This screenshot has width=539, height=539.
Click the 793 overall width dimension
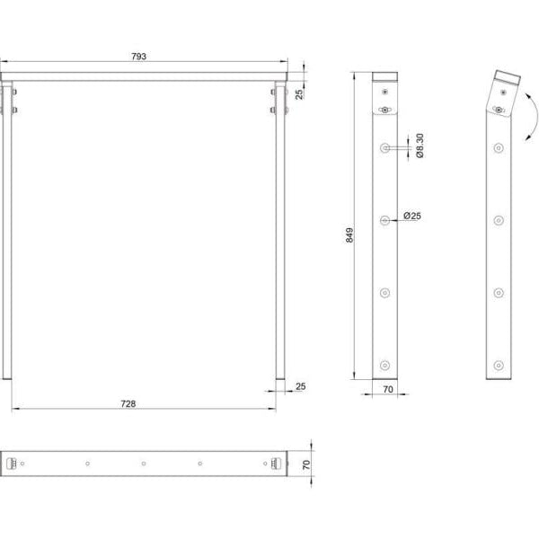click(139, 57)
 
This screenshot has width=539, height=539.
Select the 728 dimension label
click(128, 404)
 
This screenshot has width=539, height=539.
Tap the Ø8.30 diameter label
click(420, 146)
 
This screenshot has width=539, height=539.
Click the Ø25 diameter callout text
click(412, 216)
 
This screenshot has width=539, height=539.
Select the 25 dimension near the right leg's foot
click(301, 386)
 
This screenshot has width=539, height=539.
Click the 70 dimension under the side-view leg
click(388, 391)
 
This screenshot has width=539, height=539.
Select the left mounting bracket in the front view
click(13, 100)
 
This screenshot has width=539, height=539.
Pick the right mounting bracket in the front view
click(275, 100)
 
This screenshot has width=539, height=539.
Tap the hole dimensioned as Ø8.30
click(385, 146)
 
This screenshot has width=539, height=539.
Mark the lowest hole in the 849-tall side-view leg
click(385, 365)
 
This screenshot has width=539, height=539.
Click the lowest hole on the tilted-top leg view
click(497, 365)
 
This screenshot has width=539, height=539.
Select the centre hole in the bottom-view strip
click(144, 464)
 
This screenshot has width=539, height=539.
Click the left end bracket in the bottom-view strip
click(12, 464)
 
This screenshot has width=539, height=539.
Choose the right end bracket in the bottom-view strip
click(276, 464)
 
